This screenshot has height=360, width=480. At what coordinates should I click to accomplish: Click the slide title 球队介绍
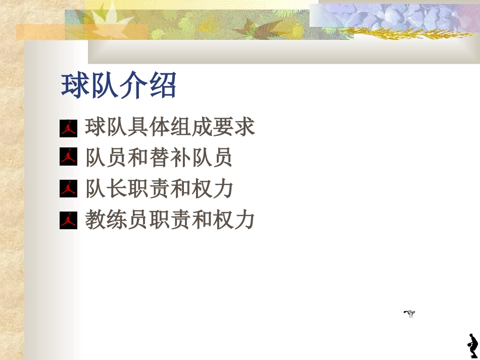coord(119,86)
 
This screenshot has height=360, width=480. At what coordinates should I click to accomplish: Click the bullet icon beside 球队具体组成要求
coord(68,128)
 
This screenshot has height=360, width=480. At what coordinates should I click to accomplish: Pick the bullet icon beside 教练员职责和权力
coord(68,220)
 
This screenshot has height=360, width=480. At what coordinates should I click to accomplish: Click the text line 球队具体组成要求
coord(170,127)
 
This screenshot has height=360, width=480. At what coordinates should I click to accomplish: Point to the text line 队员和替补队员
coord(159,158)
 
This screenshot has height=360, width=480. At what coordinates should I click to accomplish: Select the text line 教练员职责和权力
coord(170,220)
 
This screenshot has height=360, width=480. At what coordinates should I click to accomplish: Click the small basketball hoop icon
coord(409,314)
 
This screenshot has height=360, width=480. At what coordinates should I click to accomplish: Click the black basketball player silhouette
coord(472,346)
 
